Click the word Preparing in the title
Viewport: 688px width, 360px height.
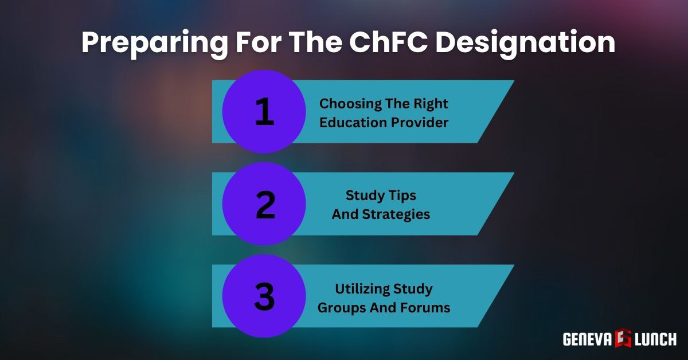[x=154, y=44]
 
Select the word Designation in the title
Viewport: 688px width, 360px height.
[x=525, y=44]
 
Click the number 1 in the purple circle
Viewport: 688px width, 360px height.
[x=264, y=112]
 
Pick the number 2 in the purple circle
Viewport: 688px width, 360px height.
[x=265, y=205]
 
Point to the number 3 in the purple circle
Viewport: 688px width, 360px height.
[x=264, y=296]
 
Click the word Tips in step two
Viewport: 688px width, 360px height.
[x=403, y=196]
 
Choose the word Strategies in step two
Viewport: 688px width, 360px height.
[x=396, y=215]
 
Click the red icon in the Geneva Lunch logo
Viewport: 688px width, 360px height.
[x=623, y=338]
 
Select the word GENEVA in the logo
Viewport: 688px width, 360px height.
[x=588, y=339]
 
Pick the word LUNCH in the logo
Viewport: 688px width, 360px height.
[x=655, y=339]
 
